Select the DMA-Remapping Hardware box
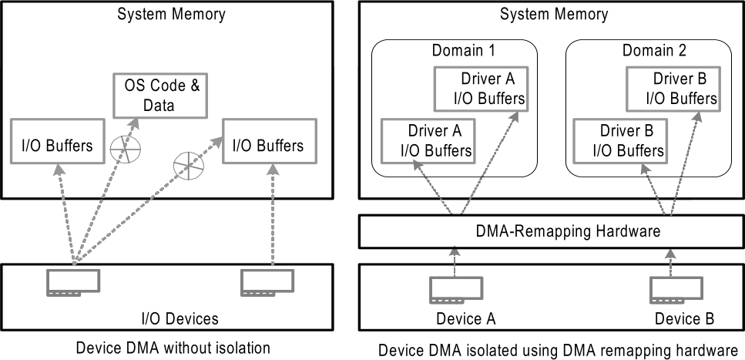point(551,231)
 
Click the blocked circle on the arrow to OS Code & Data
point(122,147)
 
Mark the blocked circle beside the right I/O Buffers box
point(185,163)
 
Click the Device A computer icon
point(451,288)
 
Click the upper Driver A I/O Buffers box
point(481,89)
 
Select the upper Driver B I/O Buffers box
point(672,89)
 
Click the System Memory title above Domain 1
point(551,14)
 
